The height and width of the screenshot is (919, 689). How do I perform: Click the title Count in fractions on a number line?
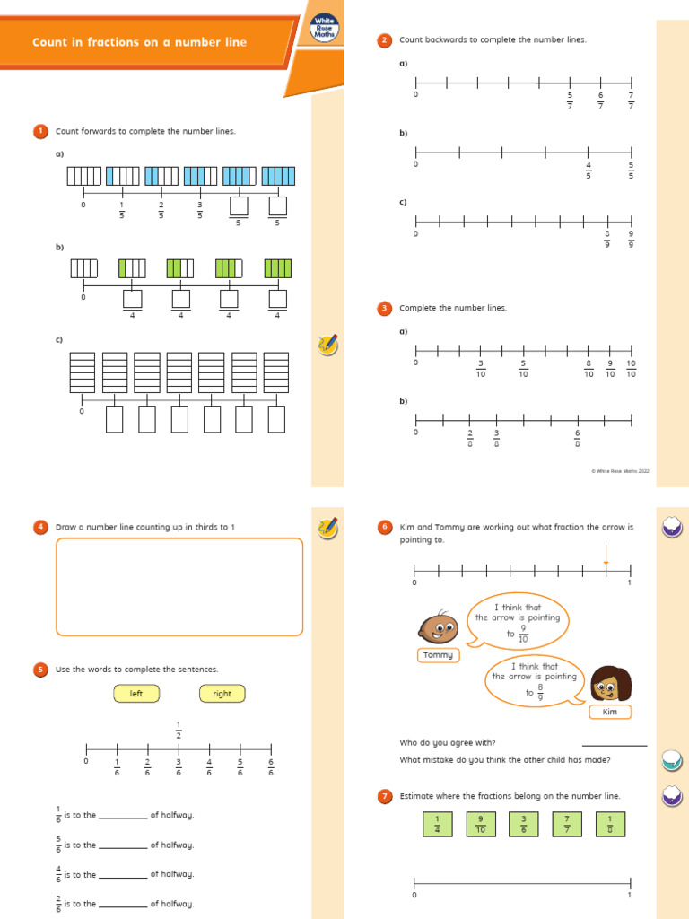click(x=139, y=42)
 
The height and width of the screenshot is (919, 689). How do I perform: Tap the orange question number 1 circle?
click(x=40, y=131)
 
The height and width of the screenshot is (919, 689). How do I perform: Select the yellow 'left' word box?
click(x=136, y=694)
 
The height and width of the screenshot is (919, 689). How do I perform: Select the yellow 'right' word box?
click(x=222, y=694)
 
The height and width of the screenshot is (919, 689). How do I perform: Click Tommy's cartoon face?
click(x=437, y=627)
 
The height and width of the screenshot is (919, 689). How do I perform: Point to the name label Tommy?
click(x=439, y=655)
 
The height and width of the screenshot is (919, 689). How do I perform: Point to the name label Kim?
click(x=610, y=712)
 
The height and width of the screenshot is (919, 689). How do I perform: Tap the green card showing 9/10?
click(x=482, y=824)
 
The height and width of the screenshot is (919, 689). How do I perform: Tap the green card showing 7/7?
click(x=567, y=824)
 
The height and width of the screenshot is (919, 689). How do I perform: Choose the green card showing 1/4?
click(x=438, y=824)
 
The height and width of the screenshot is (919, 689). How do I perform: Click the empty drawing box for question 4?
click(x=179, y=587)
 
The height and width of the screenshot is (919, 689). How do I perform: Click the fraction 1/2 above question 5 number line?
click(x=179, y=730)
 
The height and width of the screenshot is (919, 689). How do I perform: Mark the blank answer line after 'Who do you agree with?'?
click(x=614, y=744)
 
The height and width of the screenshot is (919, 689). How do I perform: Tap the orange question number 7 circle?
click(x=385, y=796)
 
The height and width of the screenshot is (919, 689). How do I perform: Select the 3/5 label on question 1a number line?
click(x=200, y=210)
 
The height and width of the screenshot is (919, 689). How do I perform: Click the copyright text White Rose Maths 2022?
click(x=620, y=470)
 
